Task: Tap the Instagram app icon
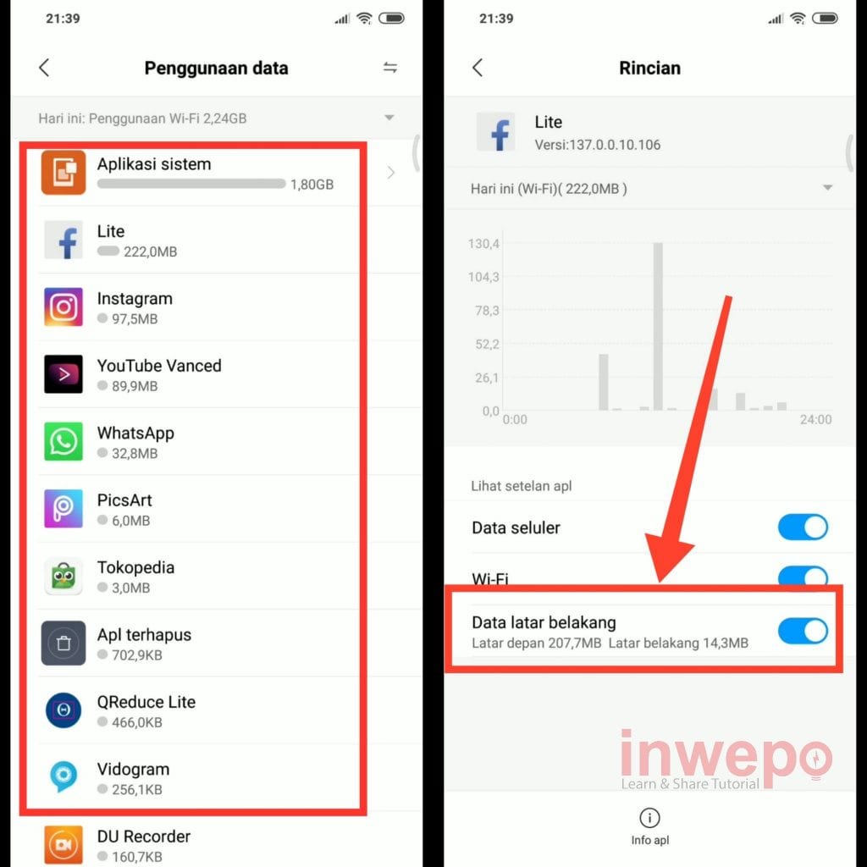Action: click(x=63, y=306)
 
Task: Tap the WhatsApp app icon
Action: click(x=63, y=441)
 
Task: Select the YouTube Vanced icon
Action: click(x=63, y=373)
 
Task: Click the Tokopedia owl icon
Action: click(x=63, y=576)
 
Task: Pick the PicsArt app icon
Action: click(x=63, y=509)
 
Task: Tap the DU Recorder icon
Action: click(x=63, y=844)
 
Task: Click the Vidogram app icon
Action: click(x=63, y=777)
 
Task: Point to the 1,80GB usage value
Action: click(x=312, y=184)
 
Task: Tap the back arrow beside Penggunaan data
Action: click(x=44, y=68)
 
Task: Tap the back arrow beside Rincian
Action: click(x=478, y=68)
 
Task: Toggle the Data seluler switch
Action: click(x=803, y=527)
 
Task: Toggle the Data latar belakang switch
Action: click(x=803, y=631)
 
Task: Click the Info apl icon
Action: click(x=649, y=817)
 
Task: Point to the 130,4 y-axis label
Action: click(x=483, y=243)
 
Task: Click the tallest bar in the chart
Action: click(x=658, y=326)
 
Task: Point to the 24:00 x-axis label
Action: click(x=815, y=419)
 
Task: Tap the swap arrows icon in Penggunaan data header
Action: click(x=390, y=68)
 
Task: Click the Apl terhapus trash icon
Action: click(x=63, y=643)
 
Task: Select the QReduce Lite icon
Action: click(x=63, y=710)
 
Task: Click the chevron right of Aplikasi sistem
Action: click(x=391, y=173)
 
